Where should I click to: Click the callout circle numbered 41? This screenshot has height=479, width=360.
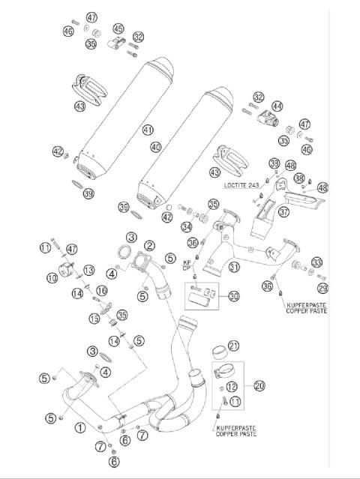(147, 130)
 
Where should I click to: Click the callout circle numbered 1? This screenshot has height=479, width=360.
(79, 428)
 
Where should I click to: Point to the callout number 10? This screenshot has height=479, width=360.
(52, 278)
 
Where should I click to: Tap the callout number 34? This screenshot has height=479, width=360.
(185, 227)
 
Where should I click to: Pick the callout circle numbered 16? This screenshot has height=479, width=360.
(101, 290)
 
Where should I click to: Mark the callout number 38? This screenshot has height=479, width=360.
(298, 178)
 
